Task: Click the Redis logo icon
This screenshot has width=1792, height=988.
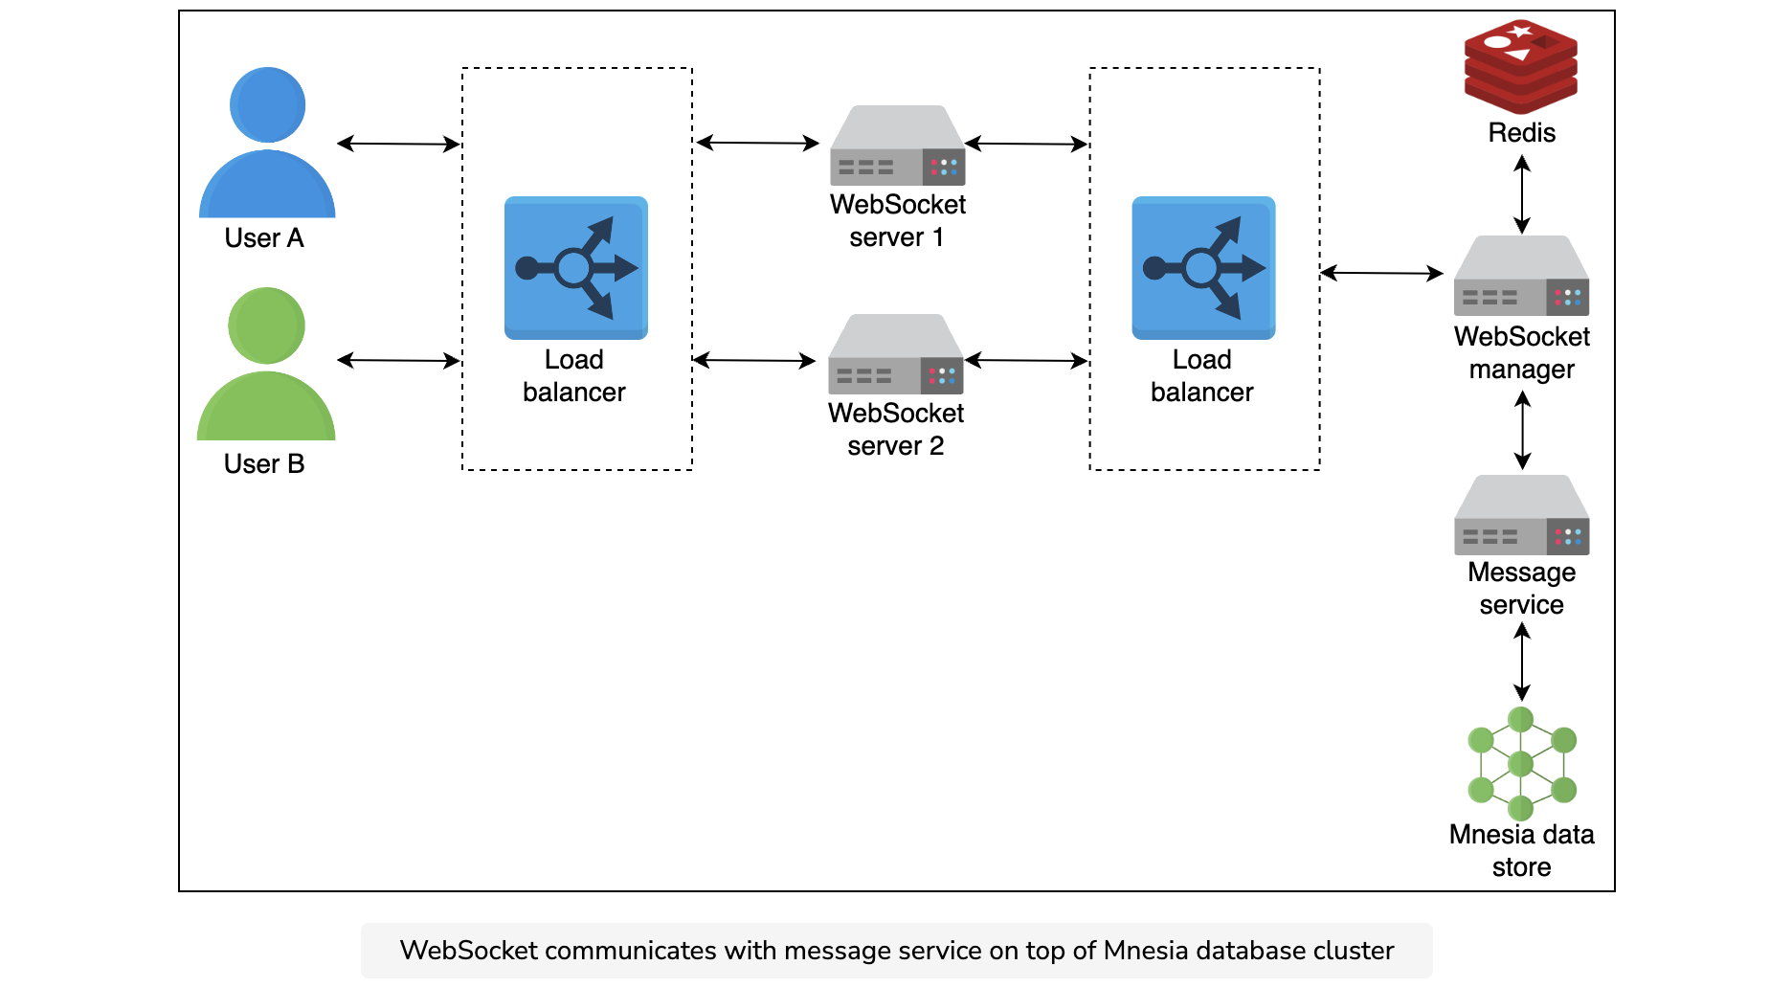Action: point(1521,67)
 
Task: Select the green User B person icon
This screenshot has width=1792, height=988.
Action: point(266,364)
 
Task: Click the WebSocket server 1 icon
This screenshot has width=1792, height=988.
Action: point(897,146)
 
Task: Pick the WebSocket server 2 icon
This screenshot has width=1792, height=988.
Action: point(895,354)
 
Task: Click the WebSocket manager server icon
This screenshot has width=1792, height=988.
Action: point(1521,276)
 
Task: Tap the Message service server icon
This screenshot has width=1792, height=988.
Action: point(1521,515)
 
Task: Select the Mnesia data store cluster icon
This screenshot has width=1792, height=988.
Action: point(1521,763)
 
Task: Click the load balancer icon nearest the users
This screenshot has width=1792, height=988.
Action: point(576,268)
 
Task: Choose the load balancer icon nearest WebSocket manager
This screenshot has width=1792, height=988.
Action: point(1203,268)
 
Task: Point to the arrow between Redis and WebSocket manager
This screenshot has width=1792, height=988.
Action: point(1522,194)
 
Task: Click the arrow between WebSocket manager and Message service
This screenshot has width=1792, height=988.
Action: point(1522,431)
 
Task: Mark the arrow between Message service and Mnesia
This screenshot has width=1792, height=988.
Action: point(1522,662)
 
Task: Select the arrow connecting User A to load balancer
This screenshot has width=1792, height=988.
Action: point(398,144)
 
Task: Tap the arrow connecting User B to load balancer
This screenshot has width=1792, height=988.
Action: point(398,360)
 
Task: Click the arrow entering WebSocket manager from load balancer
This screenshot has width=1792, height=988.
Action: point(1381,273)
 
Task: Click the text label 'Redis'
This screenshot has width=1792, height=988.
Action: point(1521,133)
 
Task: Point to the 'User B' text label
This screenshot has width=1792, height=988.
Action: point(264,464)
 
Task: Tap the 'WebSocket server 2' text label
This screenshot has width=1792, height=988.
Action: point(896,430)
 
